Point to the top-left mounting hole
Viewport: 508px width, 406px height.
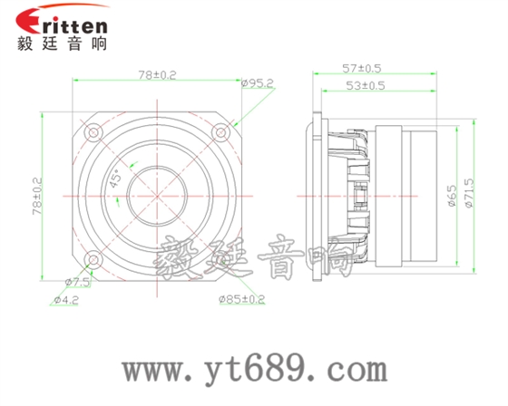coord(93,131)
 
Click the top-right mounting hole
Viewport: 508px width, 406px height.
coord(220,131)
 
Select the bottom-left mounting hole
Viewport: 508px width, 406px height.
coord(93,259)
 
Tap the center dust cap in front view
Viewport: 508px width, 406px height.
coord(156,195)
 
